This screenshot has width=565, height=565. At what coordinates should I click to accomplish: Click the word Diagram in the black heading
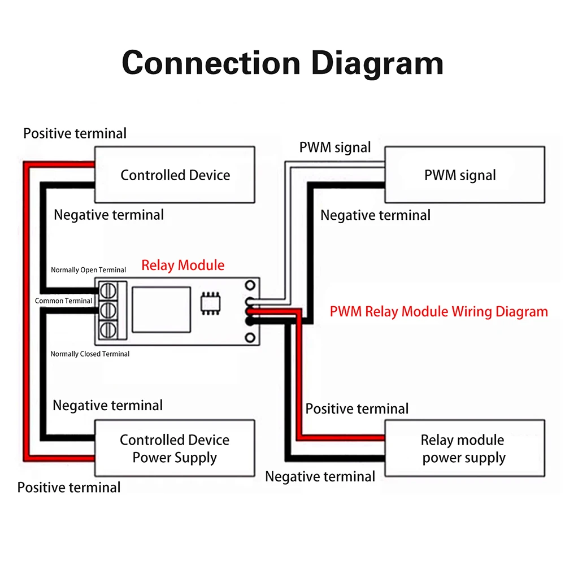(x=377, y=63)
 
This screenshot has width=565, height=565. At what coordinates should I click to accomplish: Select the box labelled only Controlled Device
(x=175, y=175)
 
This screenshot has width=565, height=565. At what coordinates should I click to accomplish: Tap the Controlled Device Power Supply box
(x=175, y=448)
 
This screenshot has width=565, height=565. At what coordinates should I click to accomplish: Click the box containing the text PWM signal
(x=464, y=175)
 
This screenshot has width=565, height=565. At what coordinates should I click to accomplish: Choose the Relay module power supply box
(x=464, y=449)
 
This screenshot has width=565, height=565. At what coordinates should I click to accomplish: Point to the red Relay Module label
(x=182, y=266)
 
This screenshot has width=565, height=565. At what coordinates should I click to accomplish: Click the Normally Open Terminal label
(x=89, y=270)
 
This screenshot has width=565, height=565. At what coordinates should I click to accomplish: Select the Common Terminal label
(x=63, y=301)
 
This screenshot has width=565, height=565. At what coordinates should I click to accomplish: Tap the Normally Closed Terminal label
(x=90, y=354)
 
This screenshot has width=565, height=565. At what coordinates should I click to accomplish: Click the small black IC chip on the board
(x=211, y=303)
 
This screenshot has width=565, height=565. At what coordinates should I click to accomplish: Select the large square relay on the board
(x=160, y=310)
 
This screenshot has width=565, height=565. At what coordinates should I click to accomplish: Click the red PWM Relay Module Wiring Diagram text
(x=439, y=311)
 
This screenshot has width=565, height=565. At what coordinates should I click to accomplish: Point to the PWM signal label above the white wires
(x=335, y=148)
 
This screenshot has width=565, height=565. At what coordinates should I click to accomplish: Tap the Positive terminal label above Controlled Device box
(x=75, y=133)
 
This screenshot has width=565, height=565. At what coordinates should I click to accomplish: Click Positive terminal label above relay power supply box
(x=357, y=408)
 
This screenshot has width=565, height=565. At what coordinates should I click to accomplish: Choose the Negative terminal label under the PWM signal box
(x=375, y=215)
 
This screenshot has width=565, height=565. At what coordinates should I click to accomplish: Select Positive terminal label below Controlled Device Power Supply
(x=69, y=487)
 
